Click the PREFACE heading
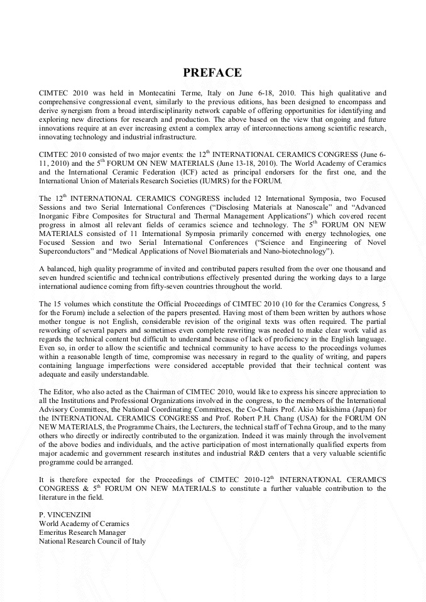point(212,73)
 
